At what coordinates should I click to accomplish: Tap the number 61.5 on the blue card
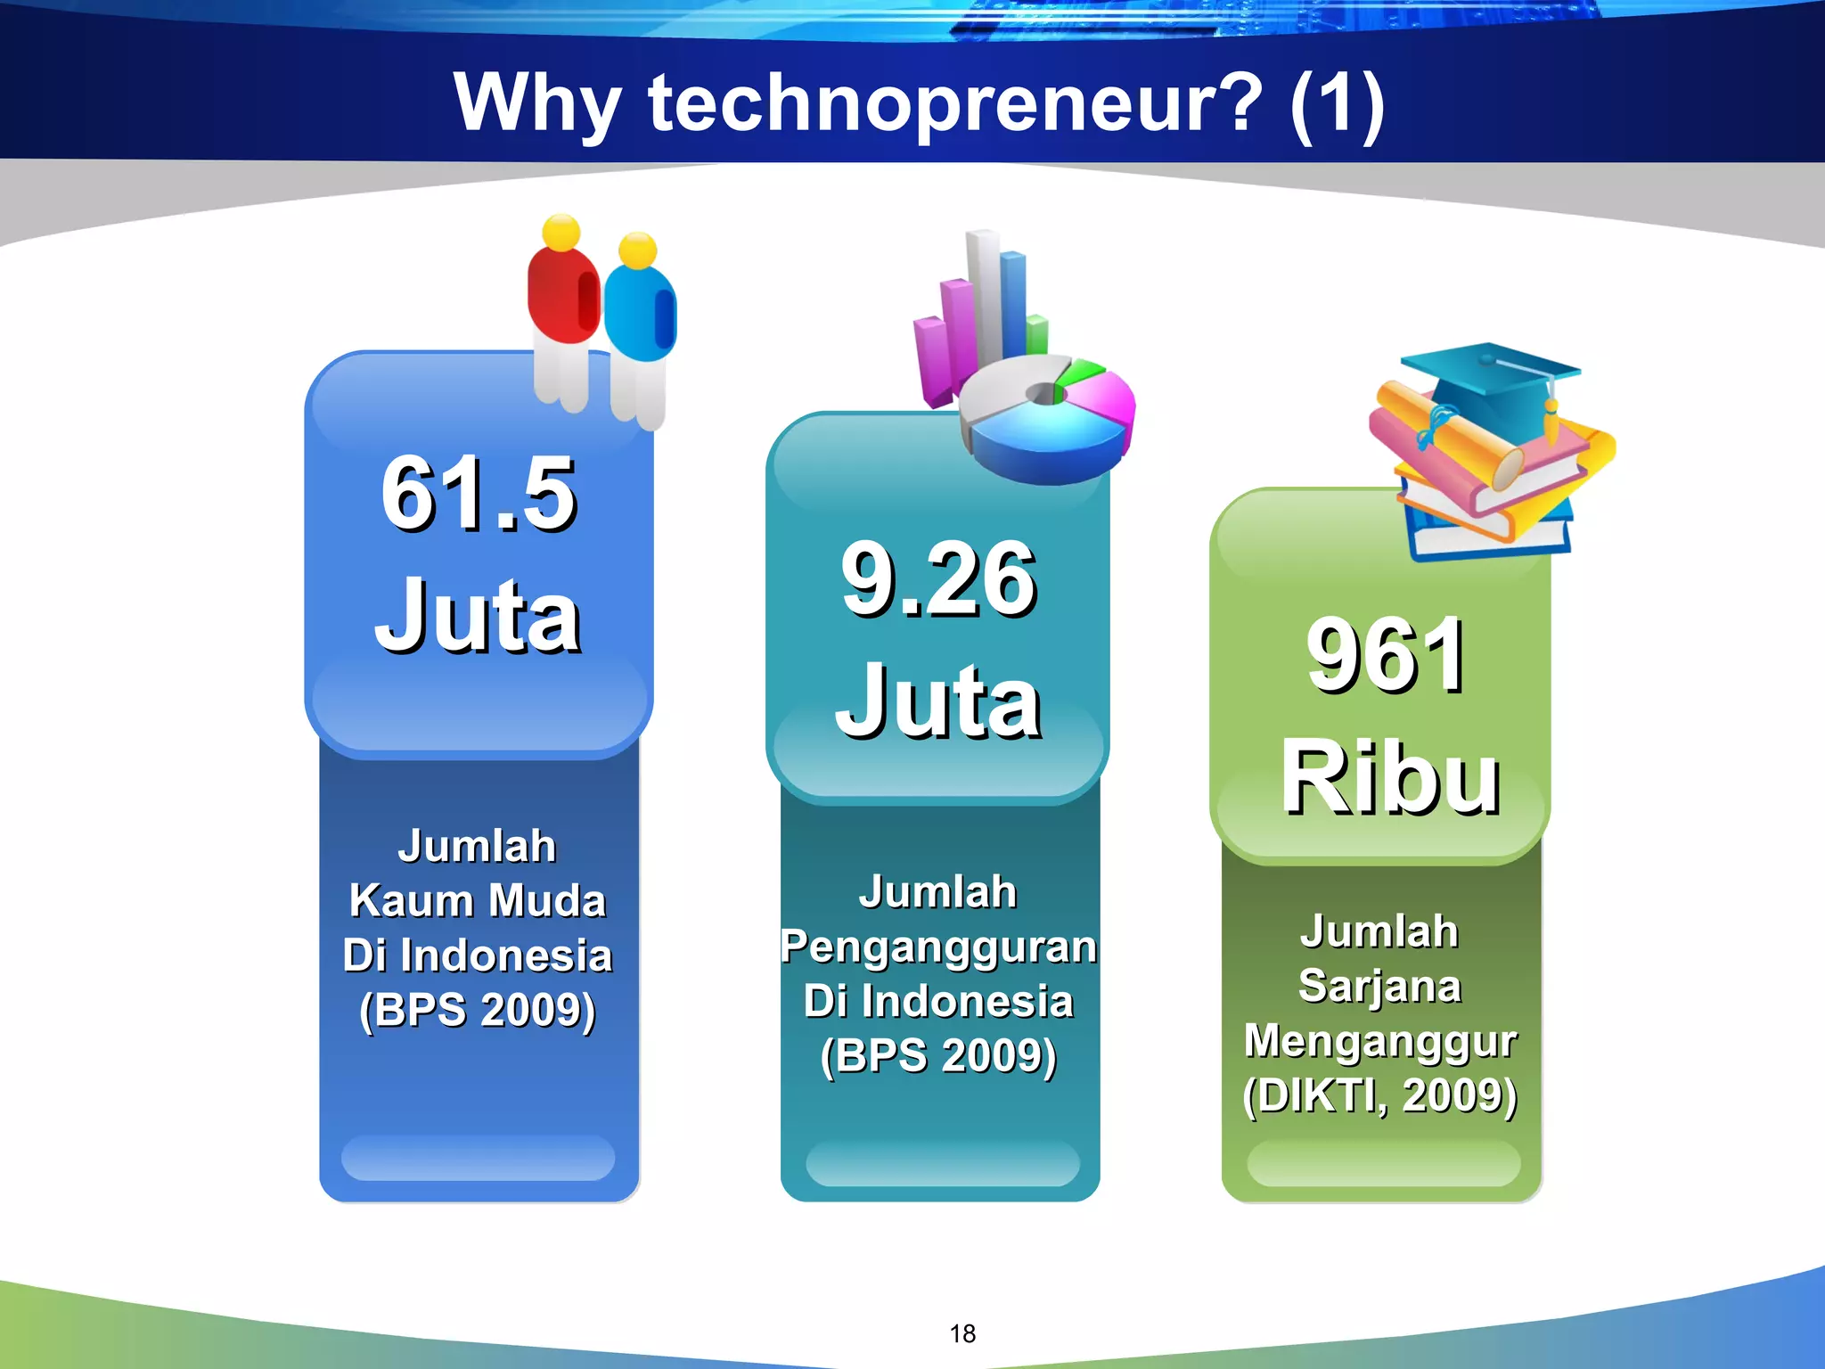click(x=479, y=493)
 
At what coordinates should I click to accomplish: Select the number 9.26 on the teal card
click(x=938, y=579)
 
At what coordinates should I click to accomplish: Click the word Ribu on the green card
click(x=1390, y=779)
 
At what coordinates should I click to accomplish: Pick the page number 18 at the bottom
click(x=962, y=1333)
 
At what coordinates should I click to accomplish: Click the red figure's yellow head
click(x=561, y=233)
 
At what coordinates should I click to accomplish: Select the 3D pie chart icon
click(x=1047, y=419)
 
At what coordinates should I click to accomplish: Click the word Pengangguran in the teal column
click(x=938, y=947)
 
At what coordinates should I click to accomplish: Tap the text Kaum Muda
click(x=478, y=900)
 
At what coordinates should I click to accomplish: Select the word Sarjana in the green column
click(x=1379, y=986)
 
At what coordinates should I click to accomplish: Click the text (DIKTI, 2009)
click(x=1379, y=1095)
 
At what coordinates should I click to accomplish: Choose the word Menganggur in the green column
click(x=1379, y=1040)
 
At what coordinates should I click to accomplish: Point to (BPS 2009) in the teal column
click(x=938, y=1056)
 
